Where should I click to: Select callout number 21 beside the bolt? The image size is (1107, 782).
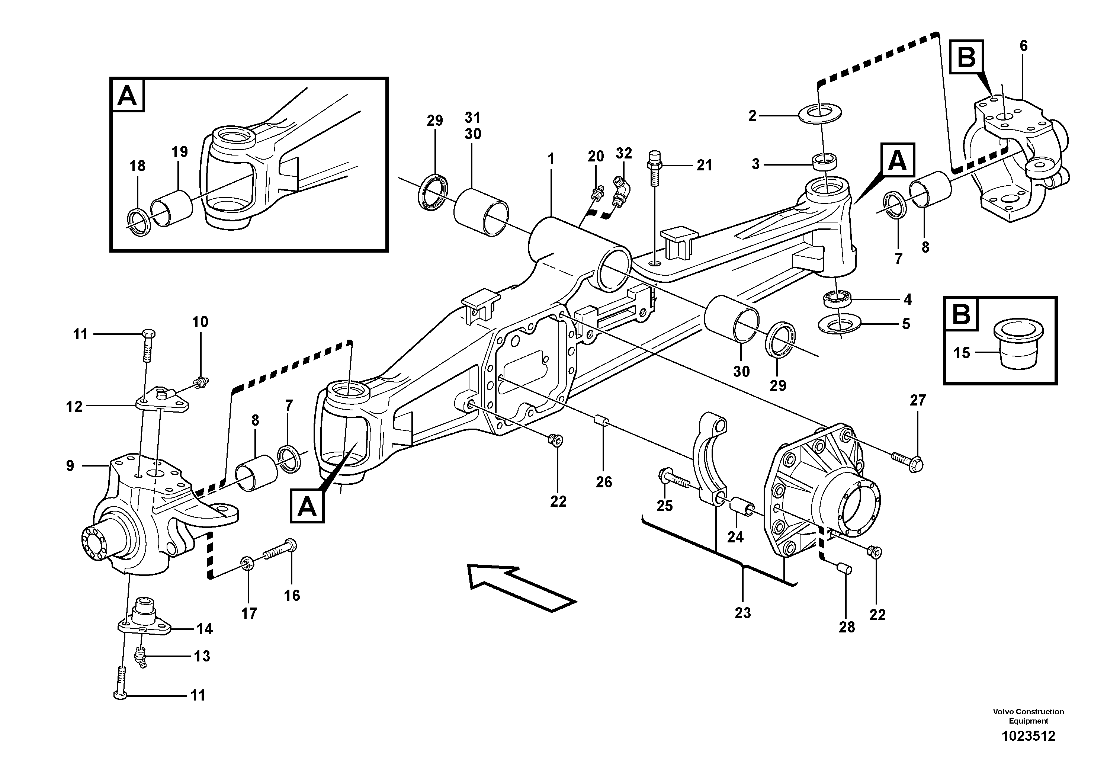coord(705,166)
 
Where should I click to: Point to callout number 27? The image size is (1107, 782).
coord(918,400)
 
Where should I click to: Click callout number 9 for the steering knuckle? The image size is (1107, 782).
coord(70,466)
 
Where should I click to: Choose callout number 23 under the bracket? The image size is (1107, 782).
coord(742,613)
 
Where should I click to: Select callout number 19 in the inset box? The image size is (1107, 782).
coord(179,152)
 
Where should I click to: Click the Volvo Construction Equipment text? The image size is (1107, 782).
coord(1028,716)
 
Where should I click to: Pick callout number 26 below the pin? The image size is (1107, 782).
coord(604,482)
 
